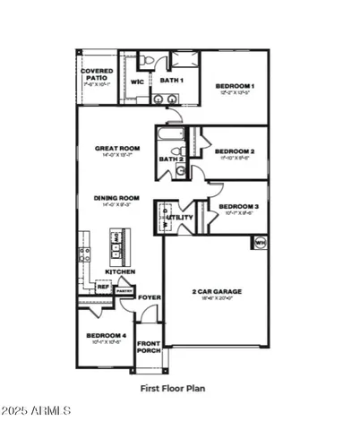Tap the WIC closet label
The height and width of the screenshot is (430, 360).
[138, 82]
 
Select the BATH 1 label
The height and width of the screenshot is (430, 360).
[171, 81]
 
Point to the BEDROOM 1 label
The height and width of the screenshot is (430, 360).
[236, 87]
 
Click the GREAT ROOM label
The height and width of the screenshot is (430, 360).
[120, 150]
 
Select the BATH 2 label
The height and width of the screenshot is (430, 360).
[170, 159]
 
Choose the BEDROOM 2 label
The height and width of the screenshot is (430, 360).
[236, 152]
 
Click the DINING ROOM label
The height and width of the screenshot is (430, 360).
[120, 199]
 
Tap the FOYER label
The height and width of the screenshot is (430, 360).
[150, 297]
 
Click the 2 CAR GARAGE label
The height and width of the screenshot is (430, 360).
[217, 292]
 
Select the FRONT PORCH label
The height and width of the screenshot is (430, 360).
[149, 348]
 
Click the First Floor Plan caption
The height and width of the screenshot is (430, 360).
[179, 389]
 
